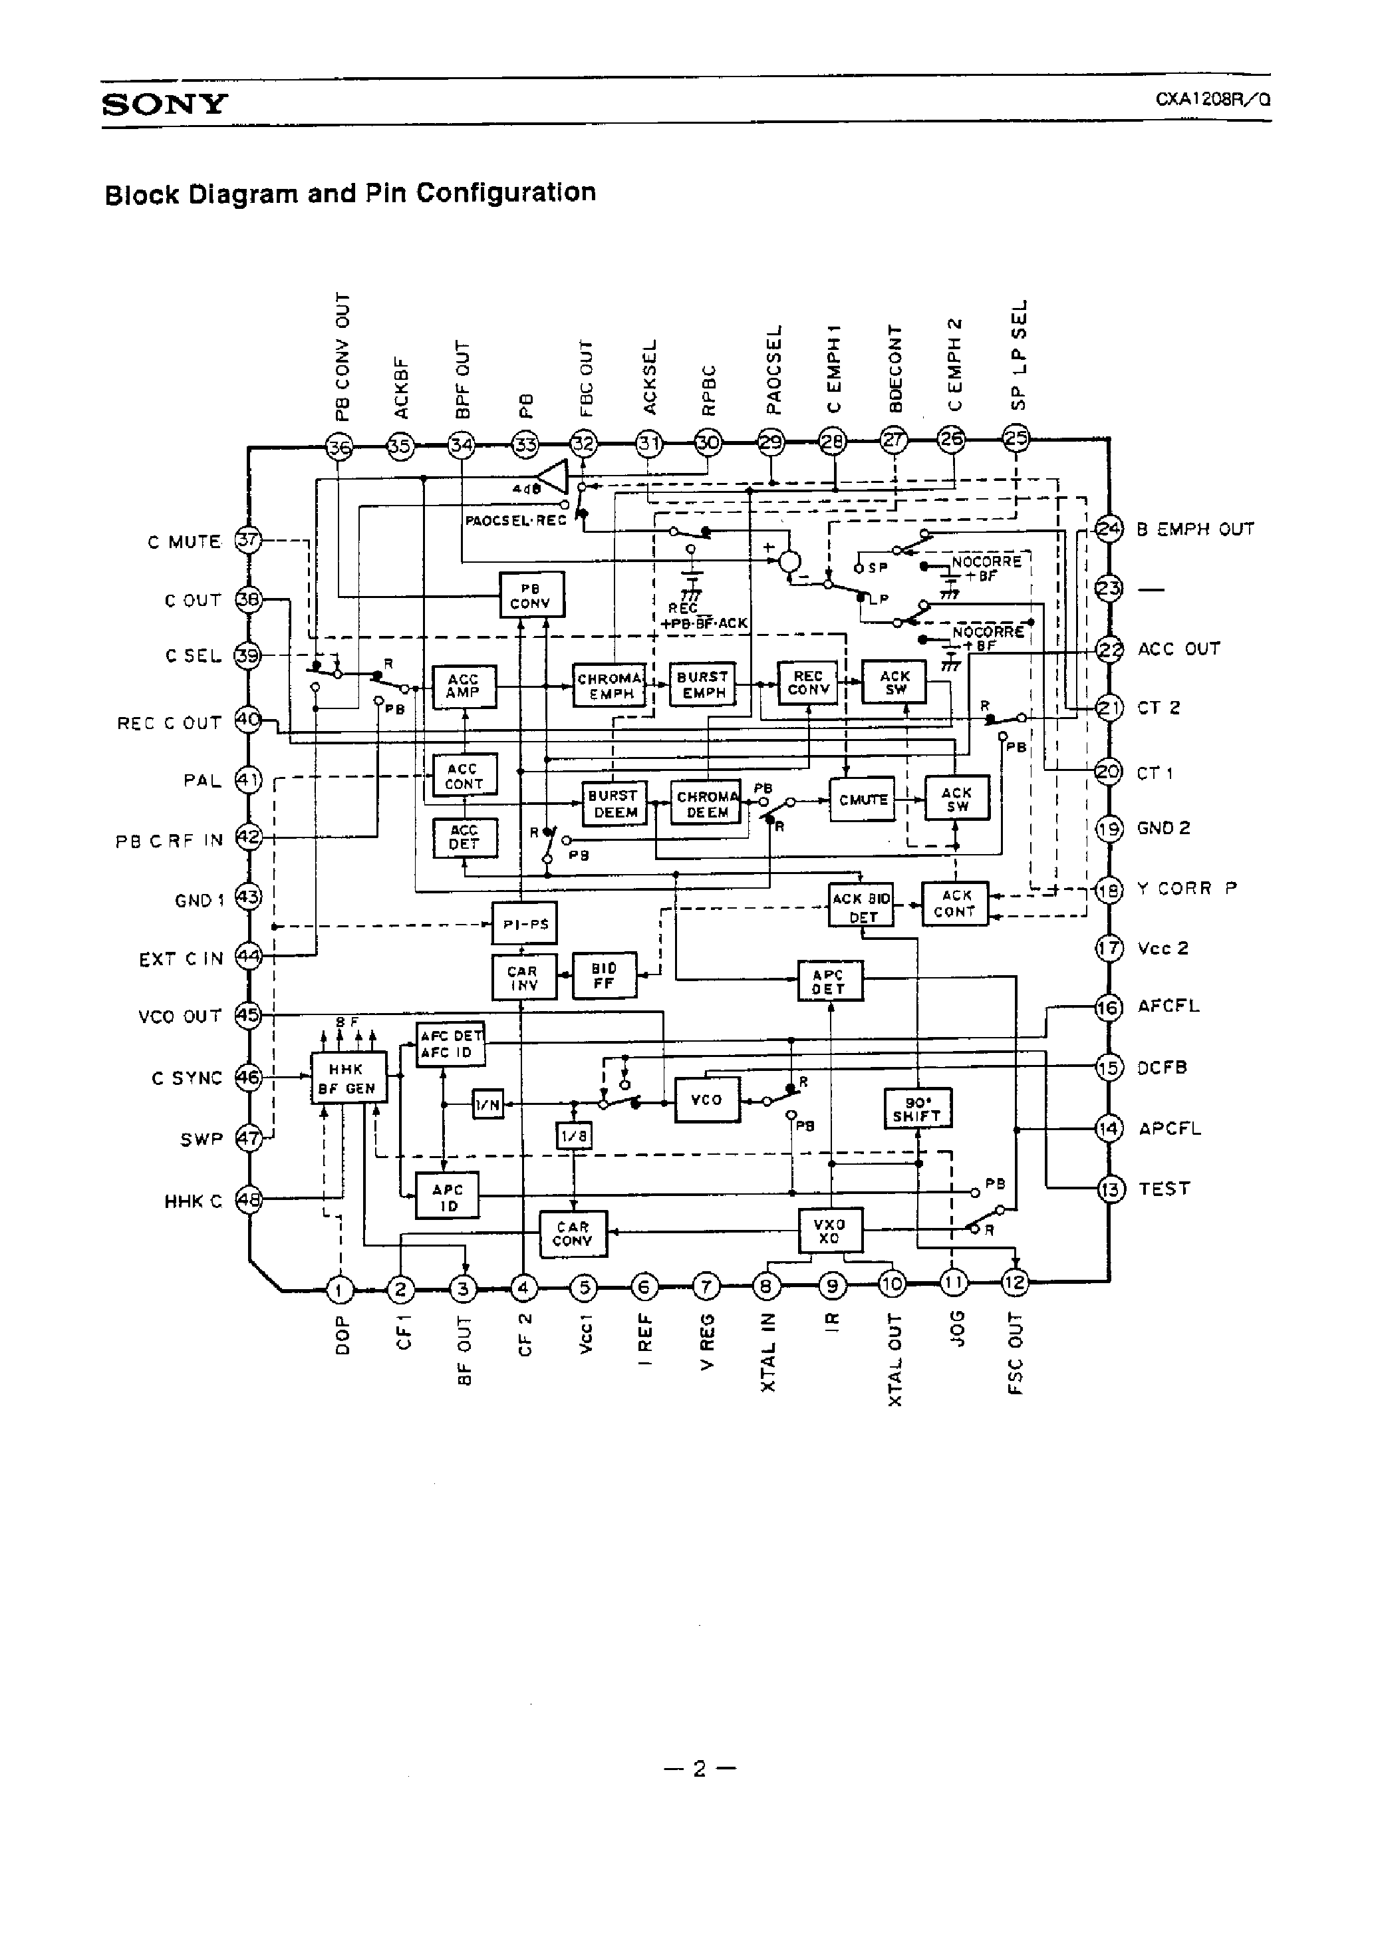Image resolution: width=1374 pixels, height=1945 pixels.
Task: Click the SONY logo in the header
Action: click(x=164, y=104)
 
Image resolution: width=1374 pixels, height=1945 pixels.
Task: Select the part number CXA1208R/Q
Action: click(x=1212, y=99)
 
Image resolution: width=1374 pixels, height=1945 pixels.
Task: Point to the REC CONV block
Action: click(x=807, y=682)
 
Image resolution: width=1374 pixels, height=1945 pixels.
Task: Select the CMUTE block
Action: click(x=863, y=800)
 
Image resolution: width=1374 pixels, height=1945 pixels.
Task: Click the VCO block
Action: click(x=706, y=1100)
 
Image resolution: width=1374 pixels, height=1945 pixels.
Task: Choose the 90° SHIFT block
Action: click(x=916, y=1109)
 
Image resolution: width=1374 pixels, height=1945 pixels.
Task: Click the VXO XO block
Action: click(x=830, y=1231)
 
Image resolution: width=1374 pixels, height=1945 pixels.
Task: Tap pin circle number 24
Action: click(x=1108, y=529)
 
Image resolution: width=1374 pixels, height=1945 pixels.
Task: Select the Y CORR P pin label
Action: click(x=1186, y=889)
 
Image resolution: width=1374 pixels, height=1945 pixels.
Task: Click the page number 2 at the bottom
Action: click(x=699, y=1769)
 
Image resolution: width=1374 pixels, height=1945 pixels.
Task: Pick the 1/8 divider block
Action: click(x=573, y=1136)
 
